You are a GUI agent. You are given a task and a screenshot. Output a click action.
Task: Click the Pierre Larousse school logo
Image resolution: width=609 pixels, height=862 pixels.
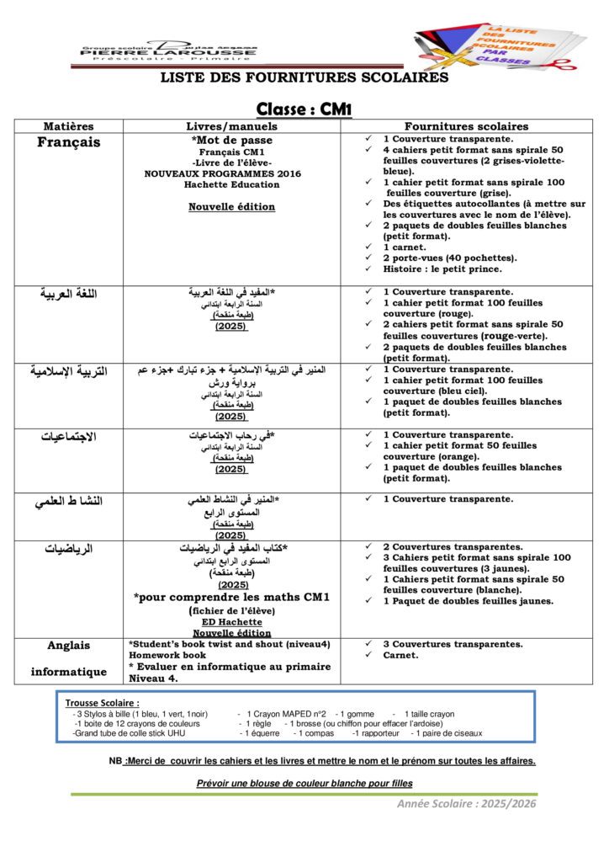pos(168,51)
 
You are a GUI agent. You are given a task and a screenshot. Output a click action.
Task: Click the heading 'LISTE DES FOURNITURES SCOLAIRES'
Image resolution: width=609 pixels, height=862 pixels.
pos(304,77)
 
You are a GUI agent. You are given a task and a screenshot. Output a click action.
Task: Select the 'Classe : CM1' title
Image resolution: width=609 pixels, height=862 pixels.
pos(304,109)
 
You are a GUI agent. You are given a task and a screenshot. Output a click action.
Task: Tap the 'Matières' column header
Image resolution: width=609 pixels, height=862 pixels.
pos(68,126)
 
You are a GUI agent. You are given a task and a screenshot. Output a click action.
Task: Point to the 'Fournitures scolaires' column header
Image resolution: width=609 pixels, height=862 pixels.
pos(466,126)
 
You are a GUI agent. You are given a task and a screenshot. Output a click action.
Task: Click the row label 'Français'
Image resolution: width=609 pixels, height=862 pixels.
pos(68,142)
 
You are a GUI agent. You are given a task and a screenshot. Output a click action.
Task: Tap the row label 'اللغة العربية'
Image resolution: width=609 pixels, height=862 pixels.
pos(68,294)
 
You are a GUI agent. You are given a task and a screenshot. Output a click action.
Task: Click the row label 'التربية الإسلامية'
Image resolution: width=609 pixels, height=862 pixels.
pos(68,370)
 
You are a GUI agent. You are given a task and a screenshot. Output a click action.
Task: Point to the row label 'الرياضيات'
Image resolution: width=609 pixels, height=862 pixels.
pos(68,549)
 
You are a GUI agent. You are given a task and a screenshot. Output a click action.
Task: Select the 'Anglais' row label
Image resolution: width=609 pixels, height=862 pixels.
pos(68,646)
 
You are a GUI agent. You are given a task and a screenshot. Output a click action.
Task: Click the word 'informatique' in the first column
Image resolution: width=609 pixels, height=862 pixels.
pos(68,672)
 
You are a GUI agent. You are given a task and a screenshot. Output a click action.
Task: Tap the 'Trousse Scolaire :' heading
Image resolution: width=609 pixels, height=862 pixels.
pos(103,702)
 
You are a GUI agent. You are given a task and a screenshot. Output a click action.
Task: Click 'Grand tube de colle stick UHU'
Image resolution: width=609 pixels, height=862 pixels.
pos(130,733)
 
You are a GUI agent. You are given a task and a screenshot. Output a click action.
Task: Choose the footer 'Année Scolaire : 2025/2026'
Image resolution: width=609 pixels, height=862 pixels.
pos(466,803)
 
